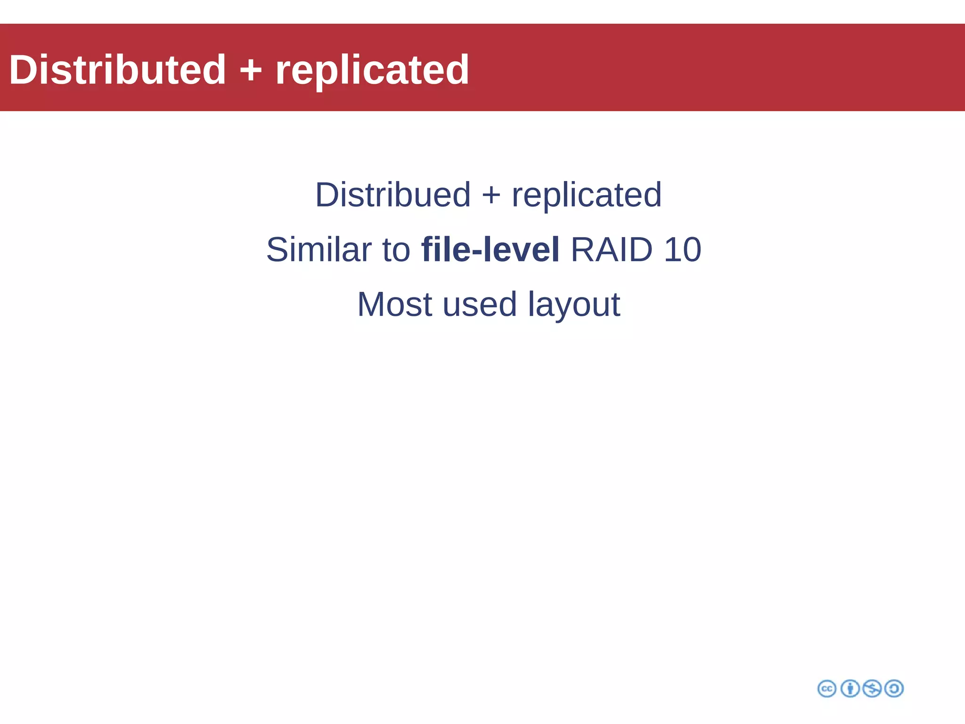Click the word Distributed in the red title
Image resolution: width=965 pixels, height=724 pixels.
coord(118,70)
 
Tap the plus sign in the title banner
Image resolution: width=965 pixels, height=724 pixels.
coord(251,71)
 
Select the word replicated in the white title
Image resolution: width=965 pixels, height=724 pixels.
coord(372,71)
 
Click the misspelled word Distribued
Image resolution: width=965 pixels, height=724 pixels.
coord(393,195)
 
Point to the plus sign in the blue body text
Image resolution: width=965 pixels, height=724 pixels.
coord(491,196)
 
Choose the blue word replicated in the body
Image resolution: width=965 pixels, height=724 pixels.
coord(587,196)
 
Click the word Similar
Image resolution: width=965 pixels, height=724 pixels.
coord(319,249)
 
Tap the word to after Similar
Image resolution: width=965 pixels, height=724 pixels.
coord(396,250)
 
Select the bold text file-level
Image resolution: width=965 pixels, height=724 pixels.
coord(490,249)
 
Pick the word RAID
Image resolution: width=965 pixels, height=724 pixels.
coord(612,249)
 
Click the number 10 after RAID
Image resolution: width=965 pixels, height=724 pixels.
coord(682,249)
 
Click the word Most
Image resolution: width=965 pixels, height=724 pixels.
coord(394,304)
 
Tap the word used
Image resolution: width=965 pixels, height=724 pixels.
coord(480,305)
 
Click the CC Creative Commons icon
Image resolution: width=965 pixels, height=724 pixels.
coord(827,689)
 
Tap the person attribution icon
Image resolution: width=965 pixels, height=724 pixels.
coord(850,689)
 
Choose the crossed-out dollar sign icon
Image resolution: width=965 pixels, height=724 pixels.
coord(872,689)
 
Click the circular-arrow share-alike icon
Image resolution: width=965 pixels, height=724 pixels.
coord(894,689)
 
